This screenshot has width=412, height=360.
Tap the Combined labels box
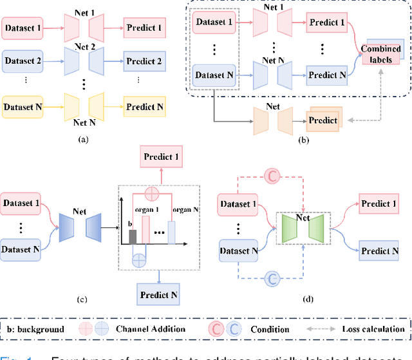point(380,53)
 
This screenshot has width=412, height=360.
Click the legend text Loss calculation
point(373,329)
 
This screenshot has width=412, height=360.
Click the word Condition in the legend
point(270,329)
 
